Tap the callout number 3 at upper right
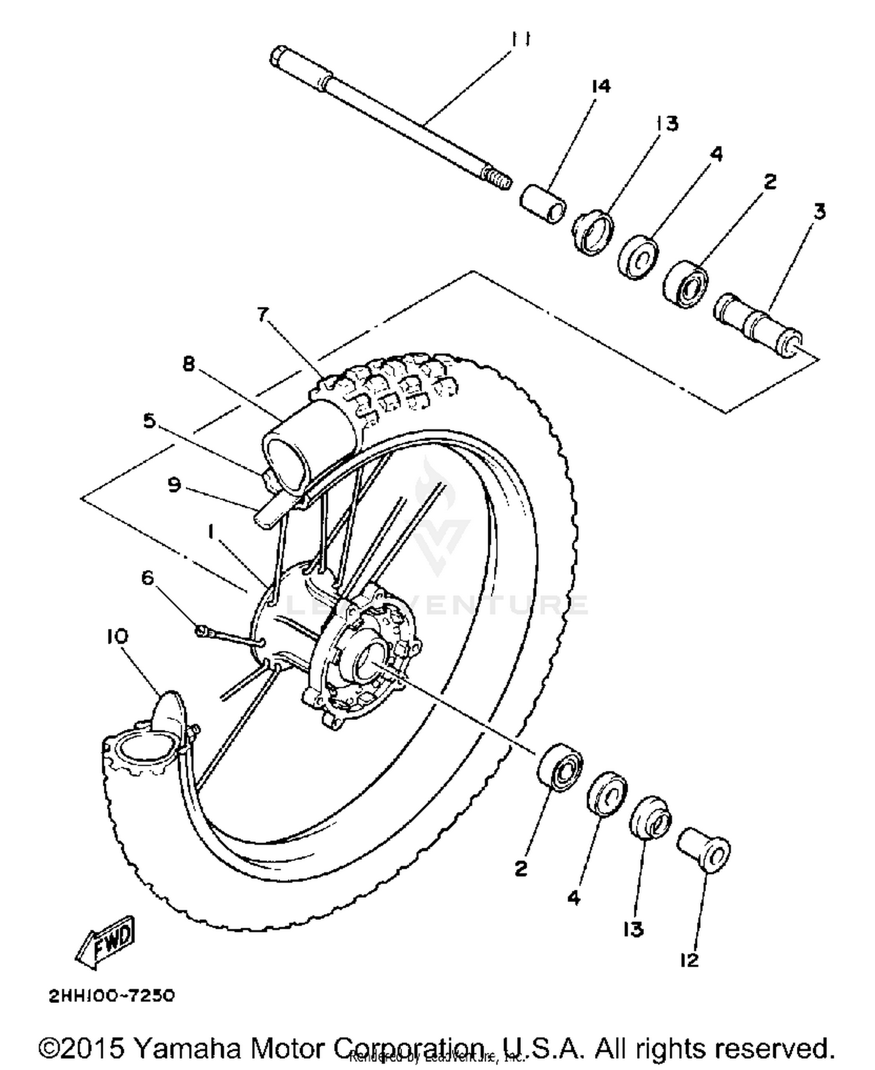tap(820, 211)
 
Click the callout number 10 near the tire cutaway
tap(117, 637)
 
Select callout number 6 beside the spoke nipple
tap(148, 578)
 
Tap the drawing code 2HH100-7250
tap(111, 995)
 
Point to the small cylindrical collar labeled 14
tap(542, 204)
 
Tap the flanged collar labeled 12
tap(705, 849)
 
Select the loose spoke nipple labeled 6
tap(204, 630)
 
